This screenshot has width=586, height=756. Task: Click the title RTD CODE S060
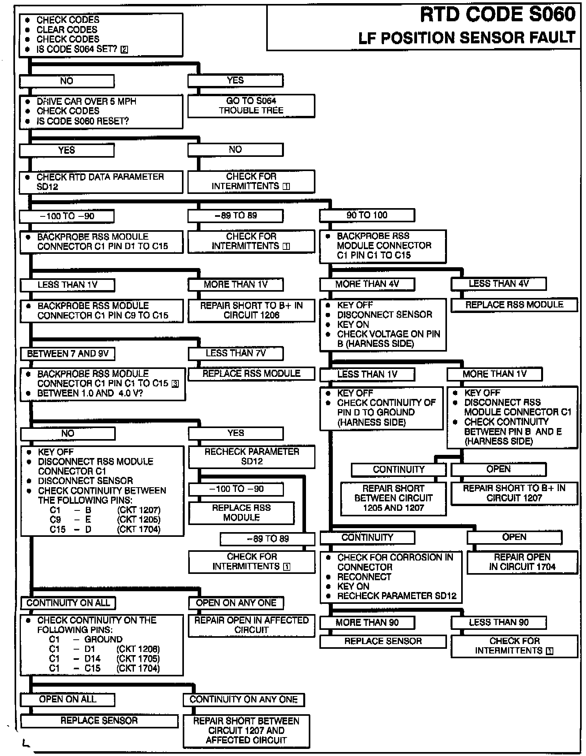coord(497,15)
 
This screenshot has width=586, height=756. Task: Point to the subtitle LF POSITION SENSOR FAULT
coord(467,38)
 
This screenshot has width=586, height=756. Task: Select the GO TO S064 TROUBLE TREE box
coord(251,106)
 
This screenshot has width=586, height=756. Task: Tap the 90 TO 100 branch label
coord(367,215)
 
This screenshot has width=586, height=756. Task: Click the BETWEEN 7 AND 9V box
coord(67,354)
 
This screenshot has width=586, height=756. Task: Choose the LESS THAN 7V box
coord(236,353)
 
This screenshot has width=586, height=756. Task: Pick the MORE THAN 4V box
coord(367,284)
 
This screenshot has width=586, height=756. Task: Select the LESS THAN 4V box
coord(498,283)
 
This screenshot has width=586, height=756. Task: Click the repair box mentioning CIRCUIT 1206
coord(251,310)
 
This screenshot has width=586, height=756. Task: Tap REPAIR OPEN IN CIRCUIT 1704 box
coord(522,562)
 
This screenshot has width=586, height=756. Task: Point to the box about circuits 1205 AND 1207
coord(393,498)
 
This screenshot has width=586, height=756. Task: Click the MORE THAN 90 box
coord(367,622)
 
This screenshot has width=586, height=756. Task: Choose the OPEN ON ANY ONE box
coord(236,603)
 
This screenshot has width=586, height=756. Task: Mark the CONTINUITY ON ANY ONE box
coord(243,699)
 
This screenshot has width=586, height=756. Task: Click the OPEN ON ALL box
coord(67,699)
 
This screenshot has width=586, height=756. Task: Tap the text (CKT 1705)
coord(138,659)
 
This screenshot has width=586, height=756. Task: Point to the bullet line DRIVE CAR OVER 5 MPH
coord(86,101)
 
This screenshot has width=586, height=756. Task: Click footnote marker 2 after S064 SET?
coord(124,50)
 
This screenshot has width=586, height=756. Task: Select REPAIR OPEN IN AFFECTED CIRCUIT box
coord(251,625)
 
